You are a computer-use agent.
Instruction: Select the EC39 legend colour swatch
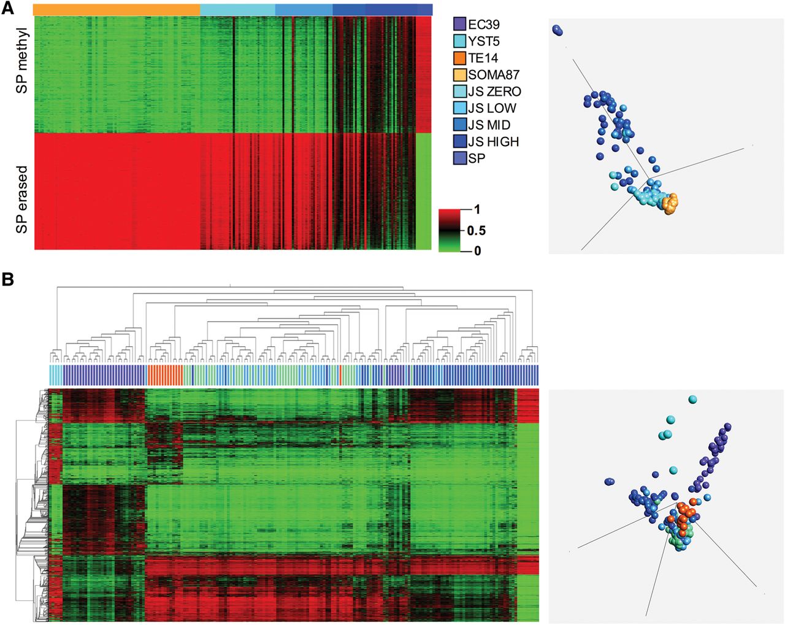tap(459, 25)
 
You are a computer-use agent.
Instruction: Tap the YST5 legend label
tap(484, 42)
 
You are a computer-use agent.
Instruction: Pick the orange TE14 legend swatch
tap(459, 58)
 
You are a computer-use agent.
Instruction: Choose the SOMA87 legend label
tap(494, 75)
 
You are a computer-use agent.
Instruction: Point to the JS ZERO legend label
tap(494, 91)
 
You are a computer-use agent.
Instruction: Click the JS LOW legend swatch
tap(459, 108)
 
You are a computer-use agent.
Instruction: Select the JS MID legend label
tap(489, 125)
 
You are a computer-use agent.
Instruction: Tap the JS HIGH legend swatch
tap(459, 142)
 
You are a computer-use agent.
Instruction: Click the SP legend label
tap(477, 158)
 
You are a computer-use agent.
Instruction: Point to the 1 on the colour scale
tap(477, 210)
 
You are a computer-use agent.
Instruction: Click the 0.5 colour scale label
tap(476, 231)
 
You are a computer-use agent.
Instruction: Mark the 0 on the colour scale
tap(477, 250)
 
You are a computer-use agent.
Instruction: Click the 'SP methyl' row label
tap(23, 60)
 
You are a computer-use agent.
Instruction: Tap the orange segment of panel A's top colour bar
tap(117, 10)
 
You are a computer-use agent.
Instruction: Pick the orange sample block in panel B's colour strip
tap(165, 375)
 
